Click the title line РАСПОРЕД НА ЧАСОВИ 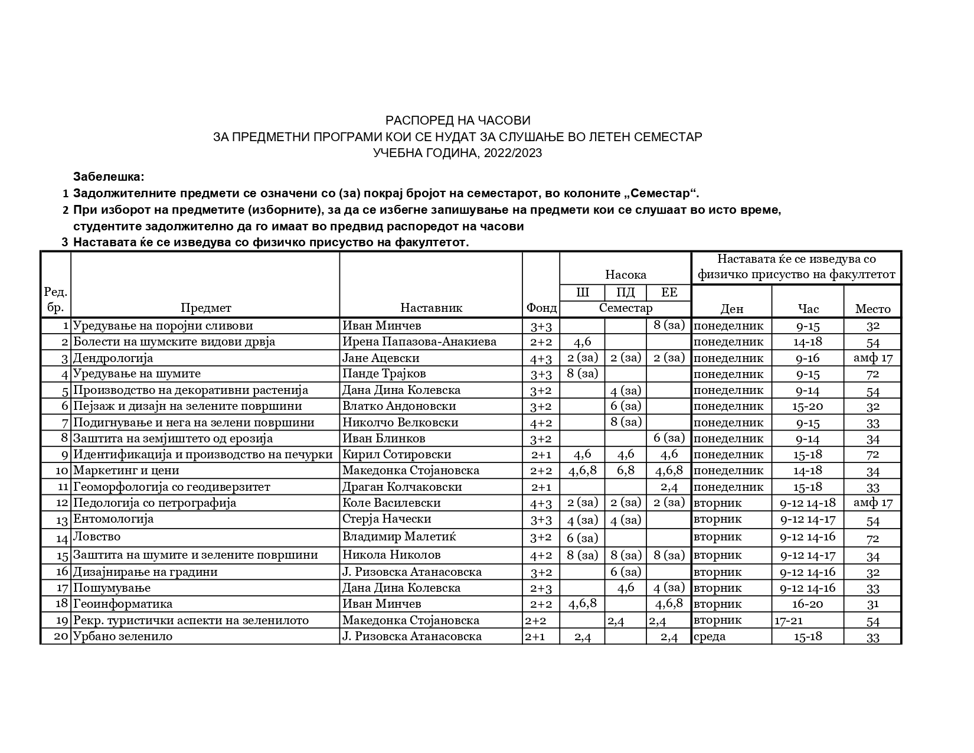(x=457, y=121)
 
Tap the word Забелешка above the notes (x=109, y=177)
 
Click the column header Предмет (x=205, y=308)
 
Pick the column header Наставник (x=431, y=308)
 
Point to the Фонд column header (x=541, y=308)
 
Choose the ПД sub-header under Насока (x=625, y=293)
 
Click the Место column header (x=872, y=308)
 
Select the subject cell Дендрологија (x=113, y=358)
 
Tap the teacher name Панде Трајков (x=384, y=374)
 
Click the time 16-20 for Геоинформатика (x=808, y=604)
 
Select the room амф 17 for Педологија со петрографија (x=872, y=503)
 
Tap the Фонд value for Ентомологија (x=541, y=519)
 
